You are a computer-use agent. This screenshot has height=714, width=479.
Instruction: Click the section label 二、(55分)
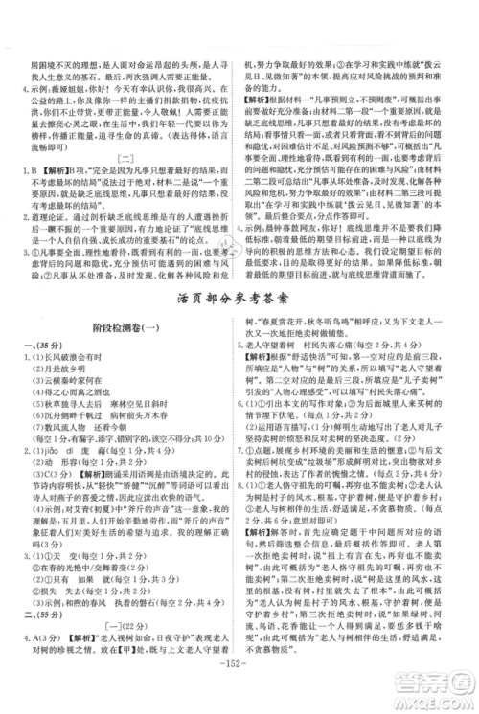(x=34, y=613)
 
